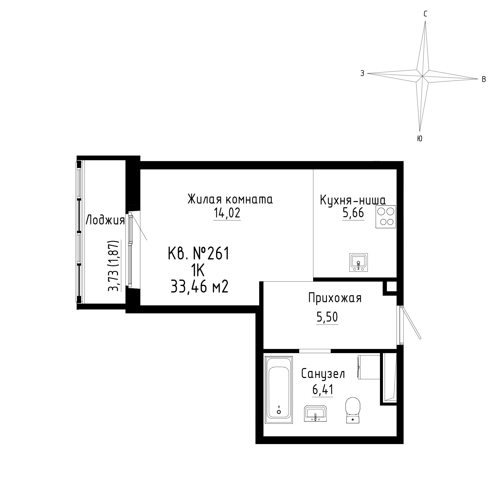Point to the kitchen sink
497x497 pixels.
click(x=358, y=262)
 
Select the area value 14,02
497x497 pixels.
click(x=227, y=213)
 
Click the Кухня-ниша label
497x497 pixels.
click(x=353, y=200)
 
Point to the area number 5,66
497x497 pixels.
click(x=353, y=213)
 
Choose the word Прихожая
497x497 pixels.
click(x=335, y=298)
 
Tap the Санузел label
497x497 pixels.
click(x=323, y=374)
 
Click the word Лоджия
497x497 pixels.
click(x=105, y=220)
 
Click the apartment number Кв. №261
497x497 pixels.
click(x=198, y=253)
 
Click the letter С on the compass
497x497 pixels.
click(x=425, y=14)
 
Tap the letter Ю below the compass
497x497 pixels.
click(x=419, y=139)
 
